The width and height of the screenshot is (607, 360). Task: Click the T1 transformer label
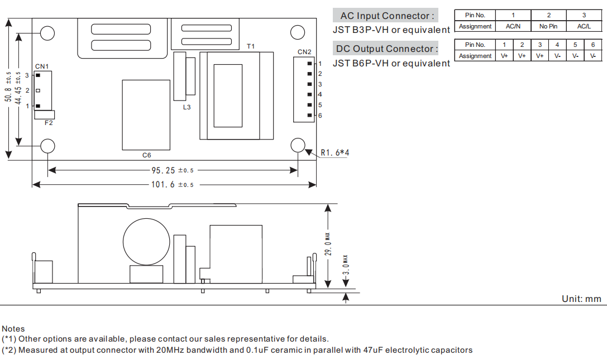[x=251, y=46]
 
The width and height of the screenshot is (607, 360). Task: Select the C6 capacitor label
[x=146, y=155]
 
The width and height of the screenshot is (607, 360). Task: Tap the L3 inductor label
[x=187, y=107]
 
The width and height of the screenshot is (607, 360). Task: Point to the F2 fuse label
[x=49, y=123]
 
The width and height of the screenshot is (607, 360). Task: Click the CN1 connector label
[x=42, y=66]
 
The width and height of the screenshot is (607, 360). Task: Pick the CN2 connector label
[x=304, y=52]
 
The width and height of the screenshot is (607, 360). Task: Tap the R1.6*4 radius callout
[x=335, y=152]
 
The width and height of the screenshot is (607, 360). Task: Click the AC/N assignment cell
[x=513, y=26]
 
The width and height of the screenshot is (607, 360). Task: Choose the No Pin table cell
[x=548, y=26]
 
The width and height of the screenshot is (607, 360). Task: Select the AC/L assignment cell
[x=584, y=26]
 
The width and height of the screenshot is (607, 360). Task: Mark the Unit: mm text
[x=581, y=299]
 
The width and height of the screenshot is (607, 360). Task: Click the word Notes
[x=13, y=329]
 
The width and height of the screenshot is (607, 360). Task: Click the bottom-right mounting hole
[x=298, y=145]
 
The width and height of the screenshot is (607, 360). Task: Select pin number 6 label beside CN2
[x=320, y=116]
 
